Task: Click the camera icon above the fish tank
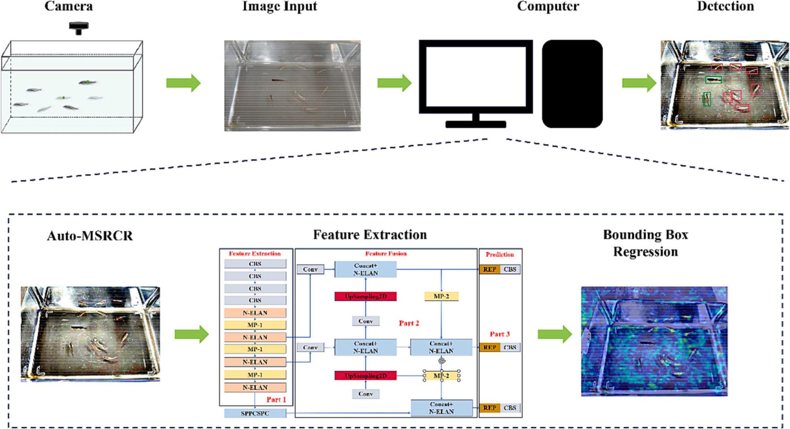click(x=79, y=27)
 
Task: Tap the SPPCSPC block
click(x=255, y=413)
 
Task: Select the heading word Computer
click(x=548, y=6)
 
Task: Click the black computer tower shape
click(x=572, y=83)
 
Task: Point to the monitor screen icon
click(x=476, y=77)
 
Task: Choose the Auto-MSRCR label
click(x=90, y=236)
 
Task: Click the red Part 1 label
click(x=276, y=399)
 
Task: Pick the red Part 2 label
click(x=409, y=323)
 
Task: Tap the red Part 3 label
click(x=500, y=334)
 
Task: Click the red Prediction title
click(x=500, y=254)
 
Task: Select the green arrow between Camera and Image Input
click(x=183, y=83)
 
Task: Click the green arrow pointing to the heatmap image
click(x=555, y=334)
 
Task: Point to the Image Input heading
click(x=280, y=6)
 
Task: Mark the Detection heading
click(x=725, y=6)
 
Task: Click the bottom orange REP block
click(x=490, y=408)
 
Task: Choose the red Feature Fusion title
click(x=386, y=253)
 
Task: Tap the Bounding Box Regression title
click(x=645, y=243)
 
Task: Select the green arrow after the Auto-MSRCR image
click(x=192, y=334)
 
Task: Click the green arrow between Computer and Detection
click(x=639, y=83)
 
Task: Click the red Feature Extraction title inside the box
click(x=255, y=253)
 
